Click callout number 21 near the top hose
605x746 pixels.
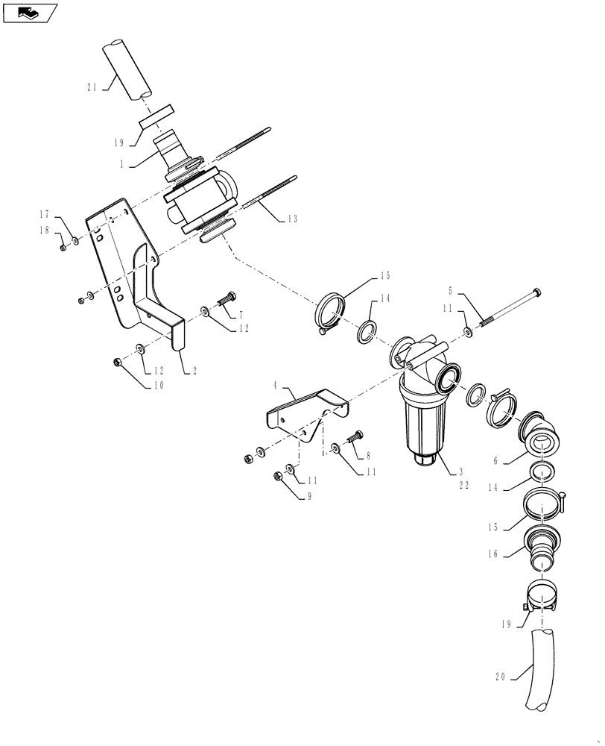92,87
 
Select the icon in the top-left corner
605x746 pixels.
29,12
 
